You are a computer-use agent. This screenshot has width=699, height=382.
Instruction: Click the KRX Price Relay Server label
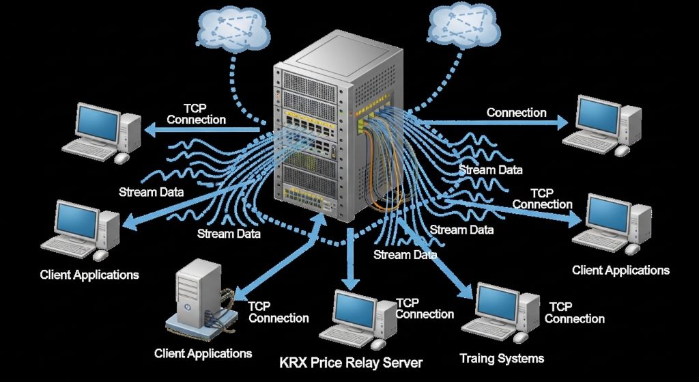[352, 362]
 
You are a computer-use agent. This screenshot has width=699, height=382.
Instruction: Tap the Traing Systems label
[502, 359]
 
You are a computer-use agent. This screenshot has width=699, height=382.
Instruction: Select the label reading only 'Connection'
[516, 113]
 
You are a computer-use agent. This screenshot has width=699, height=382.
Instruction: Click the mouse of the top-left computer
[122, 158]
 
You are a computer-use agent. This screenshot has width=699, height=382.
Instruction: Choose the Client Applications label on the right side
[620, 270]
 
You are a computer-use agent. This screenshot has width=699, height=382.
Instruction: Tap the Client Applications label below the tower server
[203, 353]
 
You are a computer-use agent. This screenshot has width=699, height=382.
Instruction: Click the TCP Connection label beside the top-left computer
[196, 114]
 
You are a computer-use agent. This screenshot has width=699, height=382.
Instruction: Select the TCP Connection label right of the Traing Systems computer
[574, 313]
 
